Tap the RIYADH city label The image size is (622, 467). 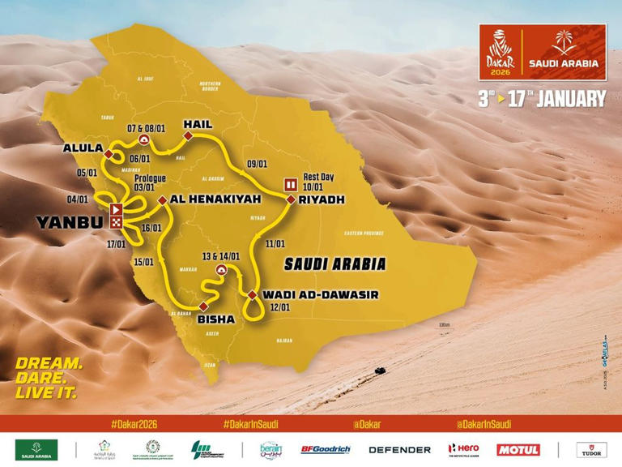coord(322,199)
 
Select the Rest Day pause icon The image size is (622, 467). coord(289,183)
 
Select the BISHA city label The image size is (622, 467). coord(215,319)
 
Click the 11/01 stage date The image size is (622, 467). coord(275,243)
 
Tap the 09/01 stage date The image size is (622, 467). coord(257,163)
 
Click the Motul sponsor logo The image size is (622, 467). coord(518,449)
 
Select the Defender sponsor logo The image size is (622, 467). coord(399,449)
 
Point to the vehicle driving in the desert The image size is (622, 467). coord(379,371)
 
